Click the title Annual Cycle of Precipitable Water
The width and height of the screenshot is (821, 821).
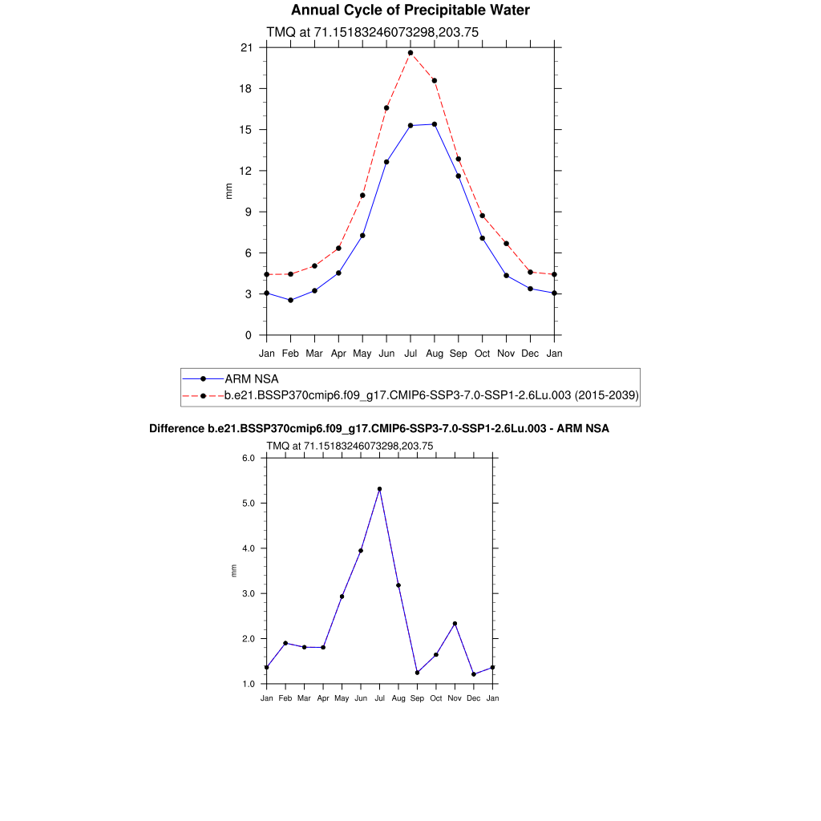(410, 10)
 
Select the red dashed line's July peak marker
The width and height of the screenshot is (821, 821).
(410, 53)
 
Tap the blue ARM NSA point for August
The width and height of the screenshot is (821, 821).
(435, 124)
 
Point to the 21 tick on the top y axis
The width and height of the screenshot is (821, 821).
(247, 48)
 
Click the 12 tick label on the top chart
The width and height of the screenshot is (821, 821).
(247, 171)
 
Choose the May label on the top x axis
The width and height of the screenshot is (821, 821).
(362, 353)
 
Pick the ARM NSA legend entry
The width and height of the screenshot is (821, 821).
(251, 378)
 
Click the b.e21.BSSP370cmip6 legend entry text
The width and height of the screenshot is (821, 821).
(431, 395)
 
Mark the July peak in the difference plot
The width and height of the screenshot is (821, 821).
(379, 489)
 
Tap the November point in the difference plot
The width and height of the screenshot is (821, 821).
(455, 624)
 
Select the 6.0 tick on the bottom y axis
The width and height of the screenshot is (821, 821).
(248, 459)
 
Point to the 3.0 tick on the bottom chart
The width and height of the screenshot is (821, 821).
(248, 594)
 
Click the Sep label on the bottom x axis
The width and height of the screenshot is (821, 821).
(417, 698)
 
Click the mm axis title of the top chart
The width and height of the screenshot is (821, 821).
(229, 191)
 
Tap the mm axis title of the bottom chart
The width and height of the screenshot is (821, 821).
(234, 571)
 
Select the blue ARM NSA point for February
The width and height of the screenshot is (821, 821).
(290, 301)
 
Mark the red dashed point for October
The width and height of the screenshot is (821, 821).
(483, 216)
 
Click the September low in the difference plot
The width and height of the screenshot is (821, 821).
(417, 673)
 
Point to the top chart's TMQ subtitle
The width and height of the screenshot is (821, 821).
(372, 32)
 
